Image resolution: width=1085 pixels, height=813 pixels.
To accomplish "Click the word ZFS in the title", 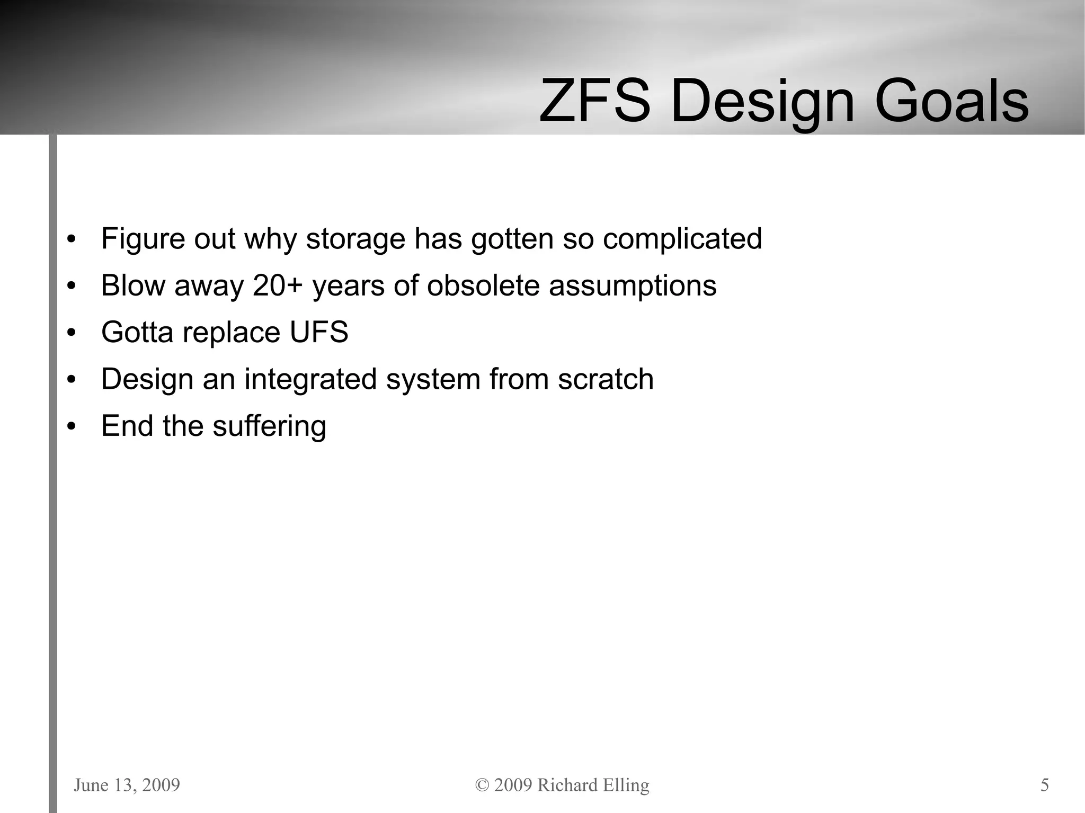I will click(594, 101).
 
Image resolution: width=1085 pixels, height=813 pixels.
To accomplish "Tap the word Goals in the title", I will click(951, 101).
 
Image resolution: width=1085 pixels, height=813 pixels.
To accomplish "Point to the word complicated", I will click(682, 239).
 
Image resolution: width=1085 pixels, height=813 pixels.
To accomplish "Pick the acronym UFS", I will click(319, 332).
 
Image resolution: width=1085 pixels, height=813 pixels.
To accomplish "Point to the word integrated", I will click(310, 379).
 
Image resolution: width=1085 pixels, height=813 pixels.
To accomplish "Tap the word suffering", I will click(269, 426).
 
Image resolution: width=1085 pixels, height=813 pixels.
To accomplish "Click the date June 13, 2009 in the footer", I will click(127, 784).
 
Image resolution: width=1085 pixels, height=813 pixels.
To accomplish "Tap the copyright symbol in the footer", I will click(482, 785).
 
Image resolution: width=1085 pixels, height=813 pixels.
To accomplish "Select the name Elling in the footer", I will click(625, 785).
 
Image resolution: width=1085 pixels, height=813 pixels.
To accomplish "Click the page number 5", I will click(1044, 784).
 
